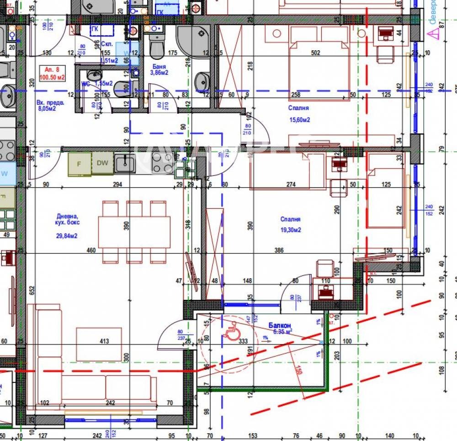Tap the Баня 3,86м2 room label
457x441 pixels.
tap(160, 69)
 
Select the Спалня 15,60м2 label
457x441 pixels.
tap(299, 114)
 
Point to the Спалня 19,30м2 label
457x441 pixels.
tap(291, 224)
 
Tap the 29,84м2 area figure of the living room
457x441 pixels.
tap(67, 236)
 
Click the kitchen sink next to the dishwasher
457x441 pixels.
tap(125, 164)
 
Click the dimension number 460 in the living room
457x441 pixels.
tap(91, 250)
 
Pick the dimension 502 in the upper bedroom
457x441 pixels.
tap(315, 53)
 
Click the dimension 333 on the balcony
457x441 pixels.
tap(243, 341)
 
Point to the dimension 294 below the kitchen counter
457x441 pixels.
tap(118, 185)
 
